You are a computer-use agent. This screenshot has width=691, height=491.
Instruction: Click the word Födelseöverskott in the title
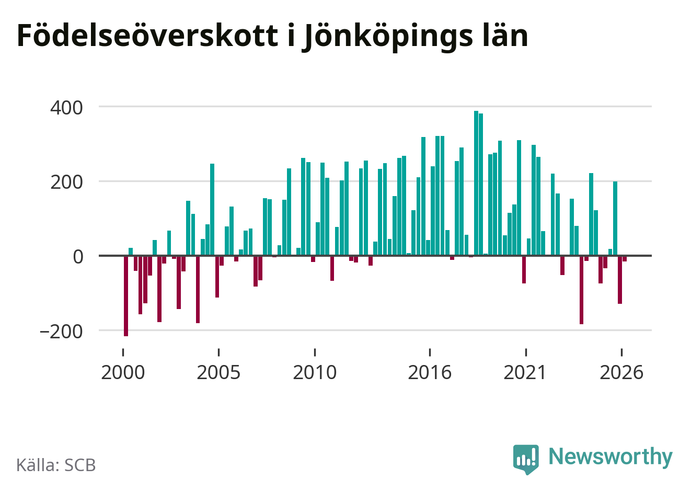click(148, 35)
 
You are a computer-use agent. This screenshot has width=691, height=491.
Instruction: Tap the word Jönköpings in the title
click(387, 38)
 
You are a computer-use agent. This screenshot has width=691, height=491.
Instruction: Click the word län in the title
click(505, 35)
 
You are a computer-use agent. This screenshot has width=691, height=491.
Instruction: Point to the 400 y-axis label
click(66, 108)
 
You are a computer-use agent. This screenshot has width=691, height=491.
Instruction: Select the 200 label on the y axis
click(66, 182)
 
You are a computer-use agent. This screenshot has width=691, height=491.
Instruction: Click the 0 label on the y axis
click(78, 257)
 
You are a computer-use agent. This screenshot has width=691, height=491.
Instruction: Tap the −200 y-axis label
click(61, 332)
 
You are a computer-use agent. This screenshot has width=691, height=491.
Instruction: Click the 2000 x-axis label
click(123, 372)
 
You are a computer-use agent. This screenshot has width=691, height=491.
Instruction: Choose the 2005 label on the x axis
click(218, 372)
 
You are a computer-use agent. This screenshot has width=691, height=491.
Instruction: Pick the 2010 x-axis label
click(315, 372)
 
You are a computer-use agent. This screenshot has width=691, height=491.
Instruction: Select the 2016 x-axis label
click(430, 372)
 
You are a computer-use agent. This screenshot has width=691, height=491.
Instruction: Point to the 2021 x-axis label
click(525, 372)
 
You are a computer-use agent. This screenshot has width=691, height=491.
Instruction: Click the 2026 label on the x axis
click(621, 372)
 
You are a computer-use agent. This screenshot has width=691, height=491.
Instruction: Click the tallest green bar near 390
click(476, 183)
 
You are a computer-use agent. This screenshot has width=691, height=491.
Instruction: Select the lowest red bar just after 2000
click(126, 296)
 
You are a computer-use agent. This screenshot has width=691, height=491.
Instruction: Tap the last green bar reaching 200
click(615, 219)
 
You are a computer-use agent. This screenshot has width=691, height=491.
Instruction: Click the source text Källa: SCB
click(56, 465)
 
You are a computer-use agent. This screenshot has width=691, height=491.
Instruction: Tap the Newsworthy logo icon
click(526, 459)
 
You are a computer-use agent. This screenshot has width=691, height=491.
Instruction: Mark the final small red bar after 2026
click(625, 259)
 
